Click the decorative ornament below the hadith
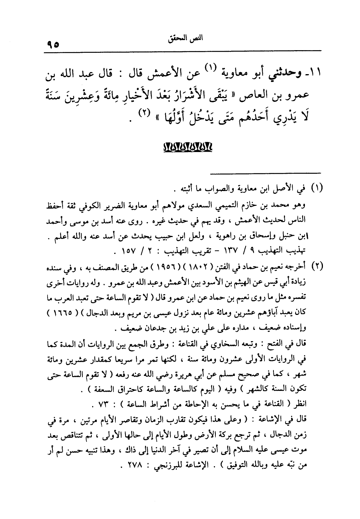click(188, 146)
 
